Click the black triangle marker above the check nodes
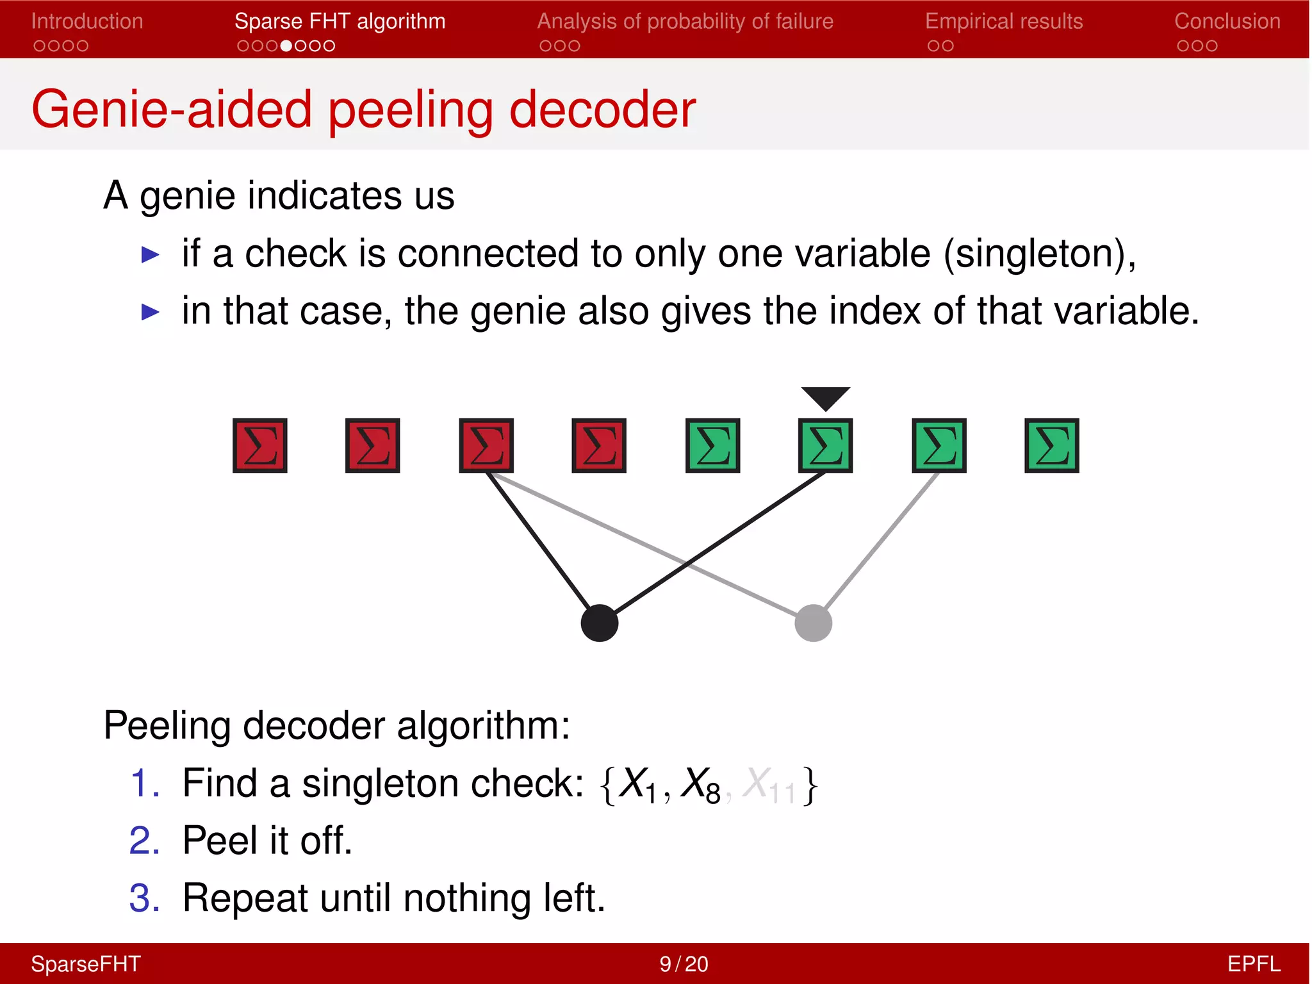coord(825,397)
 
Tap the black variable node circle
coord(599,623)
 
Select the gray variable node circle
coord(813,623)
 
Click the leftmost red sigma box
coord(259,446)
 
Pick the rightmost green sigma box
coord(1051,446)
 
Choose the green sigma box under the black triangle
coord(825,446)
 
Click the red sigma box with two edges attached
coord(486,446)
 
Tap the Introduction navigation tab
coord(87,22)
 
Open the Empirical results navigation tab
coord(1003,22)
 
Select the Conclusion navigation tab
coord(1227,22)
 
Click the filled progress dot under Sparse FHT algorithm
coord(286,46)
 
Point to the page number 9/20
coord(684,963)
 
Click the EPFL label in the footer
coord(1253,963)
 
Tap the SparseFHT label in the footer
coord(86,963)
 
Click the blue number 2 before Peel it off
coord(144,840)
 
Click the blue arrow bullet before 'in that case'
coord(150,312)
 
